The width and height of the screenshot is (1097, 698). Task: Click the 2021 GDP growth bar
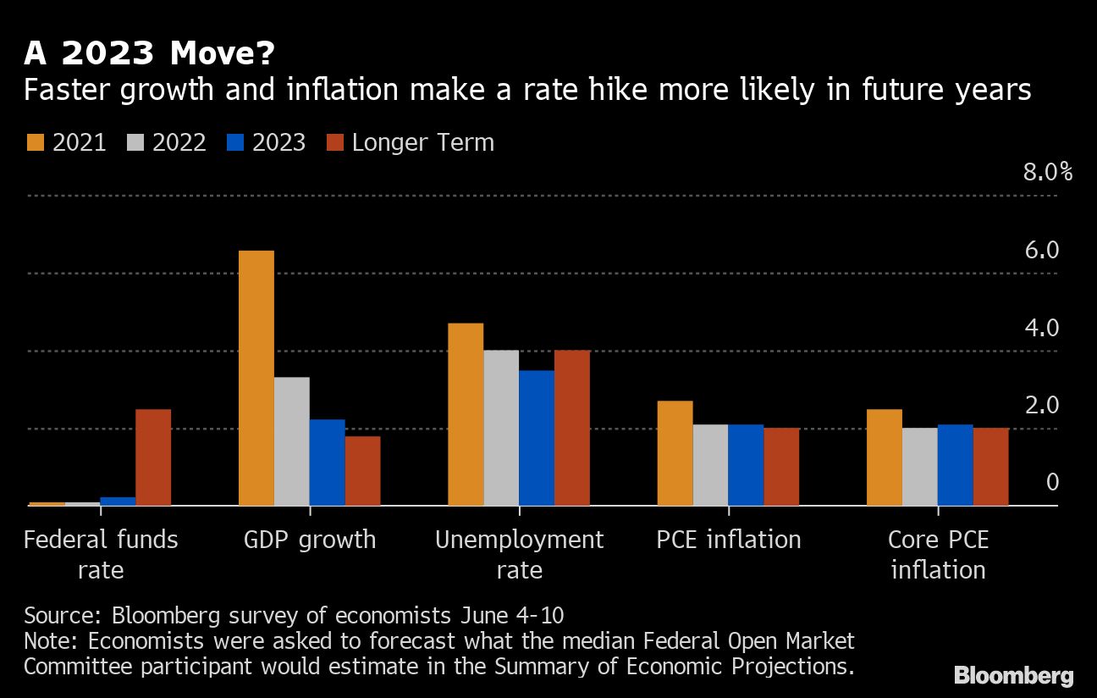[256, 378]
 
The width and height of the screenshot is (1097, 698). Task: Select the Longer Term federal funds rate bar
[153, 457]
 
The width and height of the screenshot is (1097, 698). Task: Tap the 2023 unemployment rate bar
[537, 438]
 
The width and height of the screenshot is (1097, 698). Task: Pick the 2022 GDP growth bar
[292, 441]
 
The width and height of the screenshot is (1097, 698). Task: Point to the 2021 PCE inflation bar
[675, 453]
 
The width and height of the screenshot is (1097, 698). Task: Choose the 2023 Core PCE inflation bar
[956, 465]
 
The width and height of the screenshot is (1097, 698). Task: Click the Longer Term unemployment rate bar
[572, 428]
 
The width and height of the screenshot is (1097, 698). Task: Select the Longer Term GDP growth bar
[363, 471]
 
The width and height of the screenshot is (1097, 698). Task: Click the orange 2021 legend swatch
[35, 142]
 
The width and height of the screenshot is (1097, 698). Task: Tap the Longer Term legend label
[422, 142]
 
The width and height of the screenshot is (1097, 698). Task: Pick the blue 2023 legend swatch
[234, 142]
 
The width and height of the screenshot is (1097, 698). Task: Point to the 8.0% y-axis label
[1047, 173]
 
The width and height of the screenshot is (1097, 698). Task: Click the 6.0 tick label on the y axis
[1040, 251]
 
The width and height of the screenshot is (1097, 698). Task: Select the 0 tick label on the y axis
[1052, 482]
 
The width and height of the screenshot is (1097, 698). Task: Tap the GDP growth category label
[310, 540]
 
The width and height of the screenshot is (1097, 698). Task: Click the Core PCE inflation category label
[938, 554]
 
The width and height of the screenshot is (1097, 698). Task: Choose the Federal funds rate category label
[101, 554]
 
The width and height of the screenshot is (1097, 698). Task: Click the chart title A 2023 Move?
[149, 53]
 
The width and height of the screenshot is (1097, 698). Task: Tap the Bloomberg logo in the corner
[1013, 675]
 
